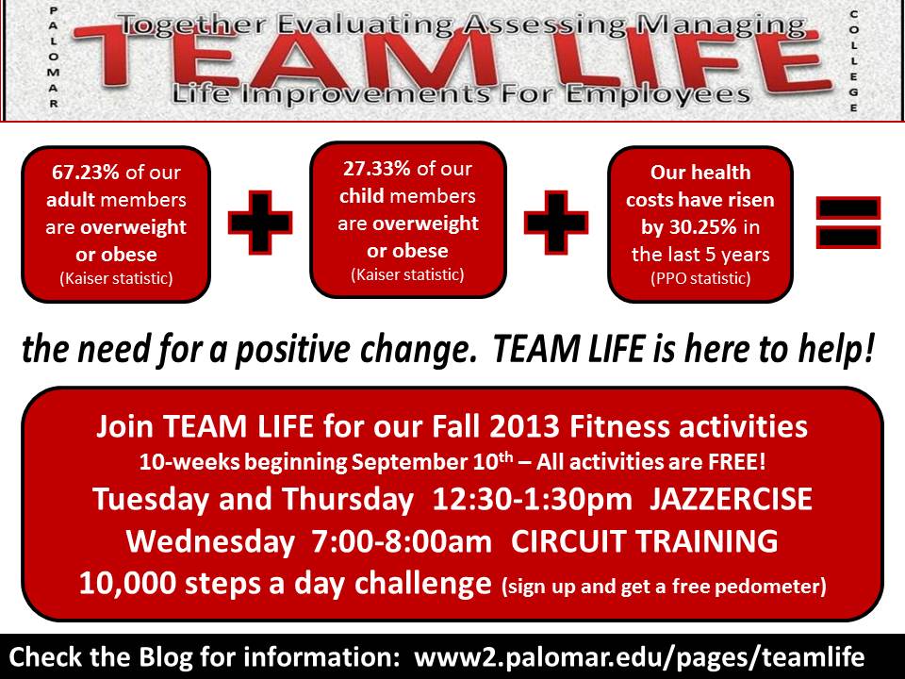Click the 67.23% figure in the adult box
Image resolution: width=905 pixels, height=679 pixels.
[86, 172]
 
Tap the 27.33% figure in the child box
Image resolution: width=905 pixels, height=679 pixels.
[377, 169]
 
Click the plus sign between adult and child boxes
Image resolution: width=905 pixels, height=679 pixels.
[260, 223]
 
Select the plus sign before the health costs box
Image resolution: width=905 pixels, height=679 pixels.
[556, 223]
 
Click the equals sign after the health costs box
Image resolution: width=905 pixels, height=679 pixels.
[847, 223]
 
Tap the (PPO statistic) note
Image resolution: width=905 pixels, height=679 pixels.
[700, 278]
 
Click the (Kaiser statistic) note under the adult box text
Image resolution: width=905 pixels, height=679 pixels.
[116, 278]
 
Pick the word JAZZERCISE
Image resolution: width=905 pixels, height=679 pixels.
[731, 499]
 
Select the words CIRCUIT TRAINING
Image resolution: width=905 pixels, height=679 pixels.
[644, 541]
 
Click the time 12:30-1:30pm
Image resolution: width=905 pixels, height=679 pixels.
[532, 500]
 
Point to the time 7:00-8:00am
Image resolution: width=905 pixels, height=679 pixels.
[402, 541]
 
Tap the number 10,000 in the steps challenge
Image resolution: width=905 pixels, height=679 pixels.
[127, 583]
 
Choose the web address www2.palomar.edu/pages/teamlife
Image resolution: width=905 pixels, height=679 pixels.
[639, 657]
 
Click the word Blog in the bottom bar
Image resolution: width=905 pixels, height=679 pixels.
[165, 656]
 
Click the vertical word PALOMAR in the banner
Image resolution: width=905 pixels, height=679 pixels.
[53, 58]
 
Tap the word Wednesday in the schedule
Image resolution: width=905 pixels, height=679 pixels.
[210, 542]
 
